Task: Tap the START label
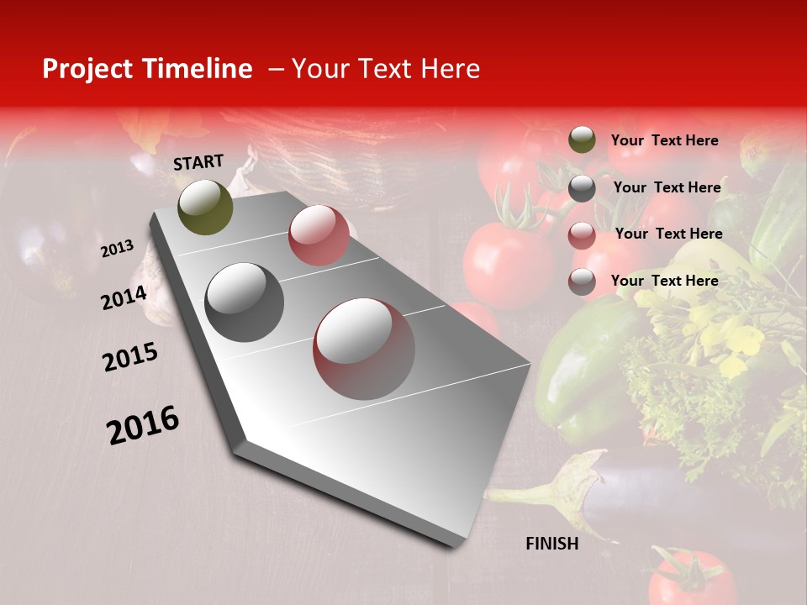(x=198, y=162)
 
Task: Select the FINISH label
(x=552, y=544)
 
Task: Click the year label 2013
(x=118, y=249)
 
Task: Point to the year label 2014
(x=124, y=297)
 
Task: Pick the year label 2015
(x=129, y=357)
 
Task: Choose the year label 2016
(x=143, y=424)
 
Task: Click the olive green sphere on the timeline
(x=206, y=207)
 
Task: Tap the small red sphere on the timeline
(x=319, y=235)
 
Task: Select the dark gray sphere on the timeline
(x=245, y=302)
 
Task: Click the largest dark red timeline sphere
(x=364, y=349)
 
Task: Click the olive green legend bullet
(x=582, y=139)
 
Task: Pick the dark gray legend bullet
(x=582, y=188)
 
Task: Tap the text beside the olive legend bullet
(x=664, y=140)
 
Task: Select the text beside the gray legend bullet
(x=667, y=187)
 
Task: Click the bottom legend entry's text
(x=664, y=281)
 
